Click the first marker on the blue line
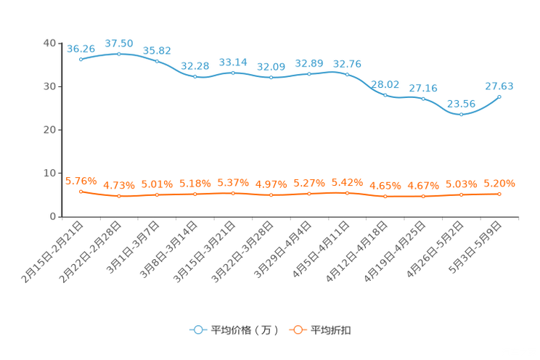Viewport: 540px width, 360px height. point(81,60)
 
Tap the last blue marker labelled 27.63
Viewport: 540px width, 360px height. point(499,97)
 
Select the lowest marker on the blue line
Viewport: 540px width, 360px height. point(461,115)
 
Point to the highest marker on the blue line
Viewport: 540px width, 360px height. point(118,54)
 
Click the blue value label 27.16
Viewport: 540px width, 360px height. point(422,88)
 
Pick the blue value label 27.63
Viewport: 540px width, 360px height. point(499,86)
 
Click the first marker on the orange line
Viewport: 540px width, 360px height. point(81,192)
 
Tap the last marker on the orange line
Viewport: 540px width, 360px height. point(499,194)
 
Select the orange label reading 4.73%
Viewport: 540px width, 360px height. point(118,186)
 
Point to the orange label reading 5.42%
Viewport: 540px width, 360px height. point(347,181)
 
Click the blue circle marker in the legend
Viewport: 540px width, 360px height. point(197,330)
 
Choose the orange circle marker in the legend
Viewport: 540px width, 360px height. point(297,330)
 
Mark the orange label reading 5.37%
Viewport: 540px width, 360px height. point(233,183)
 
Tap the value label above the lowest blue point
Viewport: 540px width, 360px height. point(461,104)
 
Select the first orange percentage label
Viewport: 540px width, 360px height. point(81,181)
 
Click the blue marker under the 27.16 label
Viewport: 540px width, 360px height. point(422,99)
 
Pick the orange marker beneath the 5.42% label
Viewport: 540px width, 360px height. point(347,193)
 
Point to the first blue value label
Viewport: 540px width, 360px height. point(81,49)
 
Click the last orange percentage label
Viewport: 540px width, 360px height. point(499,184)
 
